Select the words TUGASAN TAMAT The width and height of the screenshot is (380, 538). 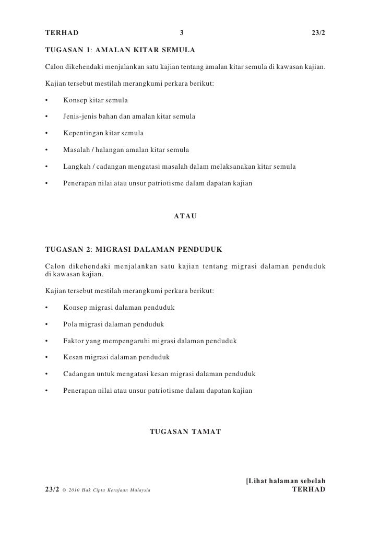185,432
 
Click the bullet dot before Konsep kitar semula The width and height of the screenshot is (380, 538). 47,100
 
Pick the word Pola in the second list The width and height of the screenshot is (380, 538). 70,324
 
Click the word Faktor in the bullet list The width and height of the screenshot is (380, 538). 75,341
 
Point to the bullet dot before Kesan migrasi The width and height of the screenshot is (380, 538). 47,357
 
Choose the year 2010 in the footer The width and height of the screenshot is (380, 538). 74,490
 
